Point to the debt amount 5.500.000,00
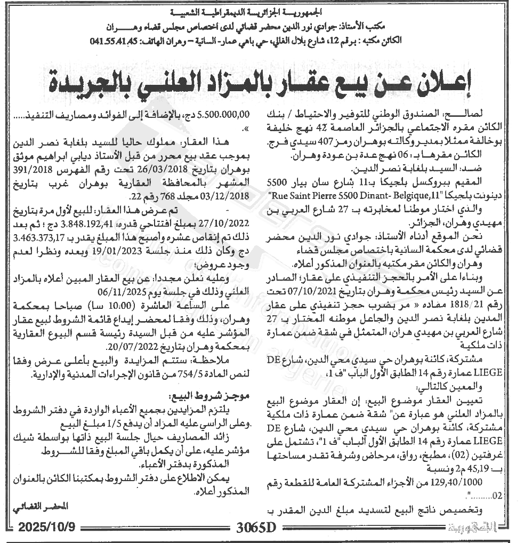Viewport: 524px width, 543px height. [224, 114]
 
